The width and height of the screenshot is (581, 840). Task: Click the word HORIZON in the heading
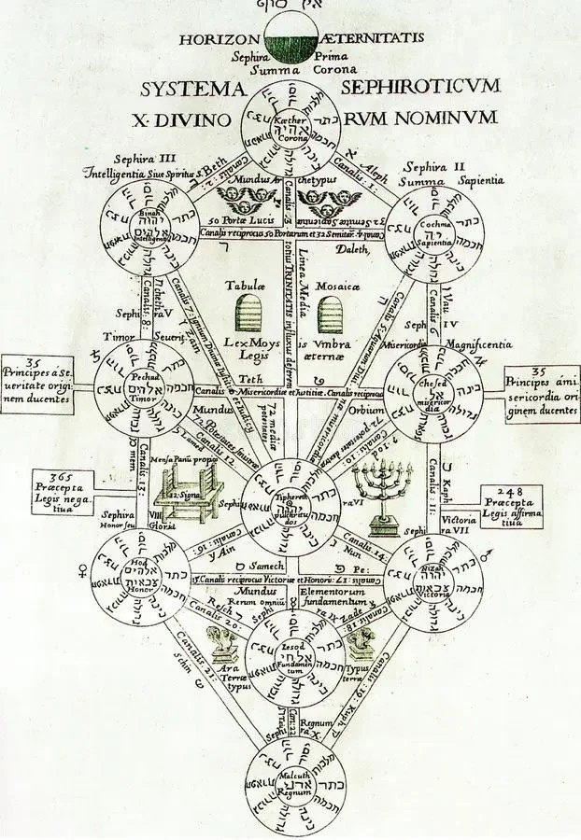(221, 38)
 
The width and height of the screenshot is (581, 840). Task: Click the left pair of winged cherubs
(241, 199)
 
